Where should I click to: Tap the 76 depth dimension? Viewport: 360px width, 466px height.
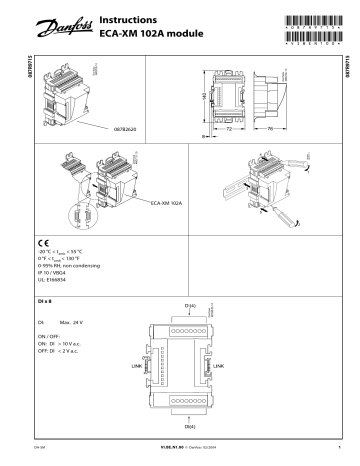click(273, 129)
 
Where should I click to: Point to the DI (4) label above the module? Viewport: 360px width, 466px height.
click(190, 304)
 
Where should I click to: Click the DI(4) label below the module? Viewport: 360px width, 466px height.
click(190, 427)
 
